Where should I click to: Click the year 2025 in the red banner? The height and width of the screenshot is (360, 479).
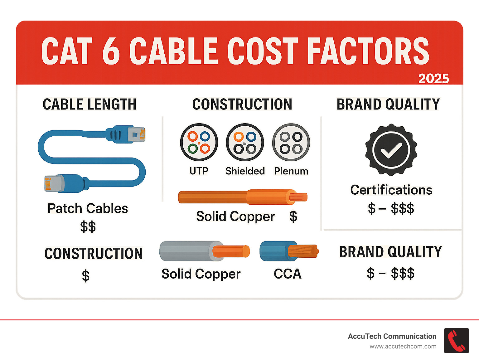433,78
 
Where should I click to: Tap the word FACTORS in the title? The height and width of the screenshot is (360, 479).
368,51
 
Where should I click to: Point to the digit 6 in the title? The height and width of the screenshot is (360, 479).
111,51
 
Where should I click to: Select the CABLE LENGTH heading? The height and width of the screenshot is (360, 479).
90,104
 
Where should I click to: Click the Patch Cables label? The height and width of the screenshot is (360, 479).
88,208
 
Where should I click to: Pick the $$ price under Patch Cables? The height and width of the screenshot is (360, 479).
88,226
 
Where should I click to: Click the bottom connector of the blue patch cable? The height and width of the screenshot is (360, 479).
65,183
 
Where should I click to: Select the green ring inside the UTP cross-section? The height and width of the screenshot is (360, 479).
193,149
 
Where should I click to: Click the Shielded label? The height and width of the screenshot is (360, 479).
245,171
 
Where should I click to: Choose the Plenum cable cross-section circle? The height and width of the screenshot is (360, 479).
291,142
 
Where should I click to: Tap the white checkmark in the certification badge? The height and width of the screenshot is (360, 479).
391,150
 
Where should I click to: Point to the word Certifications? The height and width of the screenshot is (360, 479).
391,190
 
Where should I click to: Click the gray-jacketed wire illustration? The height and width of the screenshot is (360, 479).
205,251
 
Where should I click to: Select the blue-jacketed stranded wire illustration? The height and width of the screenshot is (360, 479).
289,251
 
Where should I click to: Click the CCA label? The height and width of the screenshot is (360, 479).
288,274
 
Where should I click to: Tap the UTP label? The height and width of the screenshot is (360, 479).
199,171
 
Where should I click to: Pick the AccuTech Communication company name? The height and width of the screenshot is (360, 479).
392,336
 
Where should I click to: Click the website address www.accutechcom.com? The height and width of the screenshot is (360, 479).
403,347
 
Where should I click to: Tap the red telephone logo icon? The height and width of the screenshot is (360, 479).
457,341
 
